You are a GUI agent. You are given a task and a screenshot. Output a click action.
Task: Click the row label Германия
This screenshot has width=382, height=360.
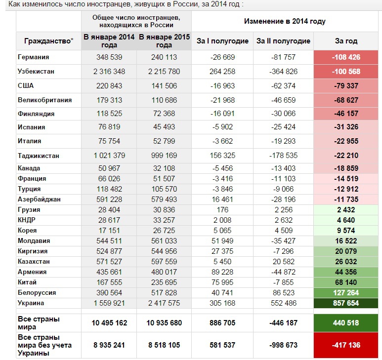click(x=34, y=57)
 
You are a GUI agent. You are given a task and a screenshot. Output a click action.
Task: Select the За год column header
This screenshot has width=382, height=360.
click(x=346, y=41)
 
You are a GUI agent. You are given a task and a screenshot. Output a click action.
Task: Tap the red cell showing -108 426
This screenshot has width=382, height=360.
click(x=346, y=57)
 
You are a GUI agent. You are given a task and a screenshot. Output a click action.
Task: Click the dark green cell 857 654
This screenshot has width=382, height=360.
click(x=346, y=303)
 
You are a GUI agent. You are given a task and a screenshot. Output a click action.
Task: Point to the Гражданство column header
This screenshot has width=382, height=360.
click(x=49, y=41)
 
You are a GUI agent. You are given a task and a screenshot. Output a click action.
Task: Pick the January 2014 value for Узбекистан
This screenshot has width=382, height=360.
click(x=109, y=72)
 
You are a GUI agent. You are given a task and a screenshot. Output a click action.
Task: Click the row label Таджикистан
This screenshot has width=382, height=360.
click(x=39, y=156)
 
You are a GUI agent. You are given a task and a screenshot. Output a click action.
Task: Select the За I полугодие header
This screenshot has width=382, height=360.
click(x=222, y=41)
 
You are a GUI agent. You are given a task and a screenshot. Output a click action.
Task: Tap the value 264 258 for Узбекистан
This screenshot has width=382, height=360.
click(x=222, y=72)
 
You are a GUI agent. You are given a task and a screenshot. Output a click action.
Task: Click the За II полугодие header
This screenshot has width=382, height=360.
click(x=283, y=41)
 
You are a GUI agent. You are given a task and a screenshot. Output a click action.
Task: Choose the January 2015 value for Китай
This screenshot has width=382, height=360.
click(x=164, y=282)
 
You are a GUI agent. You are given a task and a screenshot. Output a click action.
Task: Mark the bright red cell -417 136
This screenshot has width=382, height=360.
click(x=346, y=345)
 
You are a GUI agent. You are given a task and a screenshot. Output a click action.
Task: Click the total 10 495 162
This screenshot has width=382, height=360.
click(x=109, y=323)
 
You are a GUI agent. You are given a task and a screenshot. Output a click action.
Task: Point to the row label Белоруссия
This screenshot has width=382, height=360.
click(x=37, y=292)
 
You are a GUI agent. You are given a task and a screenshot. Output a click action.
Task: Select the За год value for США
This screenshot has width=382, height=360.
click(x=346, y=86)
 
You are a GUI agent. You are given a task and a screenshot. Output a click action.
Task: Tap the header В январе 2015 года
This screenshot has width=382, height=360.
click(x=164, y=41)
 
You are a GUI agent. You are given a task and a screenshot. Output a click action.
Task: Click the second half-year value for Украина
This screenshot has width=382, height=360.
click(x=284, y=303)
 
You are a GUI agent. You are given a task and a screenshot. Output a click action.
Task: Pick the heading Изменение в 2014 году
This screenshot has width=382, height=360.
click(x=285, y=21)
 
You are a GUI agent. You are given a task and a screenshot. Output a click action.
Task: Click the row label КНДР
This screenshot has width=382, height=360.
click(x=27, y=220)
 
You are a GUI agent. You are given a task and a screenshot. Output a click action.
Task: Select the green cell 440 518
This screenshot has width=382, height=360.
click(x=346, y=323)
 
